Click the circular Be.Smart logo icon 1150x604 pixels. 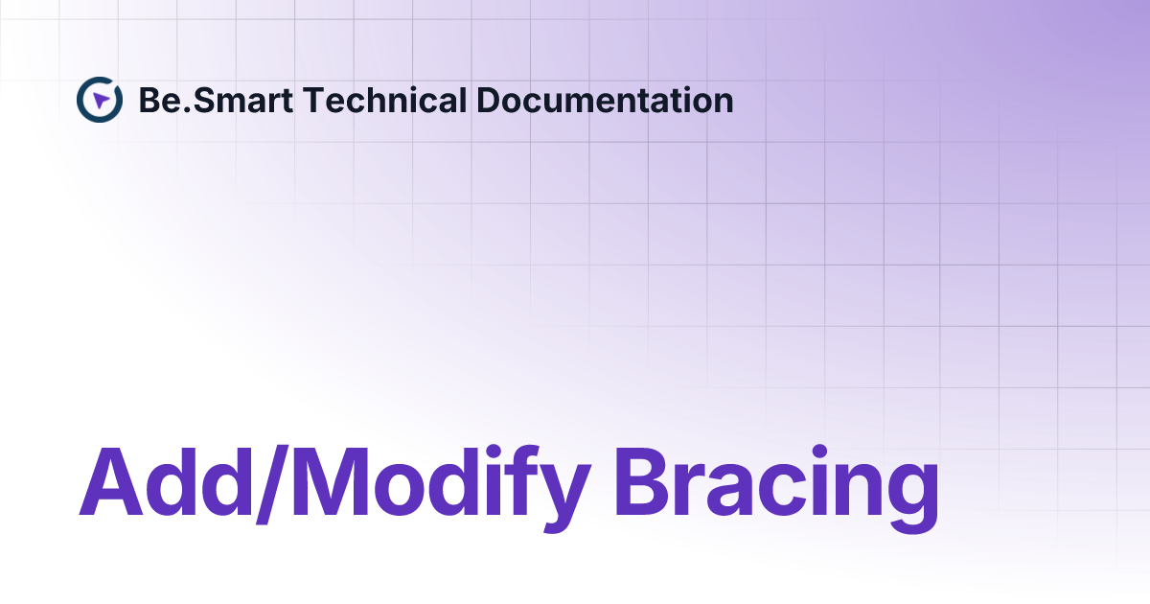100,100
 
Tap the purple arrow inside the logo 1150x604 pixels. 102,100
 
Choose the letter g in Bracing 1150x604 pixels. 907,494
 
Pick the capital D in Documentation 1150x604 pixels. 488,100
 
